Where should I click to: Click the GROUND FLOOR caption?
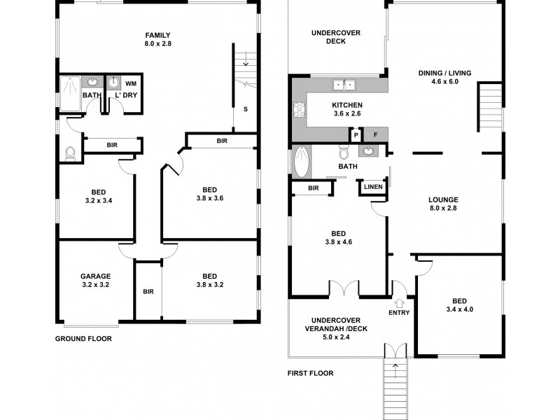(x=83, y=338)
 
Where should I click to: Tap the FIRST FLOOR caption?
(x=310, y=373)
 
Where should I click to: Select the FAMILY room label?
(x=158, y=35)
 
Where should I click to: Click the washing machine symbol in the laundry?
(x=114, y=83)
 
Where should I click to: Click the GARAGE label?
(x=95, y=276)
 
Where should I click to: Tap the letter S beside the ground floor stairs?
(x=245, y=108)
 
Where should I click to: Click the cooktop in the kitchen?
(x=300, y=110)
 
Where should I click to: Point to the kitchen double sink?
(x=344, y=85)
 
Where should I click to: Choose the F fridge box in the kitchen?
(x=375, y=134)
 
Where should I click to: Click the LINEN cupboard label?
(x=372, y=187)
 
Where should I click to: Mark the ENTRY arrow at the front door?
(x=400, y=302)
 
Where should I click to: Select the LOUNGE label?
(x=443, y=199)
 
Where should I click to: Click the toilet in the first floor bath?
(x=344, y=153)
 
